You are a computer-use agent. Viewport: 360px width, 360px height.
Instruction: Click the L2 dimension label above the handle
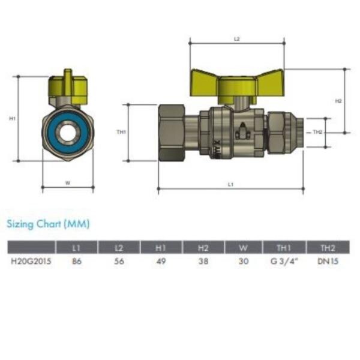(x=237, y=39)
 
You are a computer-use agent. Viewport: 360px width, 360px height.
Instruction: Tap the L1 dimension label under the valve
(x=230, y=184)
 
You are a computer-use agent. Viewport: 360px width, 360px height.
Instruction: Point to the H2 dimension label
(x=338, y=101)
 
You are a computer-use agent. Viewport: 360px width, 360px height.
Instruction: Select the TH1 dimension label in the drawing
(x=121, y=132)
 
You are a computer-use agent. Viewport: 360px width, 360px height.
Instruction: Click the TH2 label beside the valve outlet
(x=318, y=132)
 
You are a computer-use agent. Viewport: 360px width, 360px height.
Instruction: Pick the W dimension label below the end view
(x=68, y=183)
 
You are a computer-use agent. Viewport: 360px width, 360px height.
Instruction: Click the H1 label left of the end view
(x=12, y=119)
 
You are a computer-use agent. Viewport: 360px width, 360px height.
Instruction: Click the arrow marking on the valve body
(x=242, y=131)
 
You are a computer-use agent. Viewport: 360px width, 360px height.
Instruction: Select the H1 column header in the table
(x=161, y=248)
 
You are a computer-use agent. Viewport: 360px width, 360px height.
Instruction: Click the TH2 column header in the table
(x=328, y=248)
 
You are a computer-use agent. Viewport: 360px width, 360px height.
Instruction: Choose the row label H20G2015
(x=31, y=261)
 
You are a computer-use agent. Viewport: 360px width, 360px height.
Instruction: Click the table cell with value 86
(x=77, y=261)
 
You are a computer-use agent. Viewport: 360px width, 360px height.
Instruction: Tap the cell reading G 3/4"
(x=284, y=261)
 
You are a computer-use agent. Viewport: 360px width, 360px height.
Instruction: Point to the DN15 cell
(x=328, y=261)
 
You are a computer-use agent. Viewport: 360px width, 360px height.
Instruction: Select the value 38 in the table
(x=203, y=261)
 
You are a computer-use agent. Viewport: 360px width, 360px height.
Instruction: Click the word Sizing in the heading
(x=20, y=224)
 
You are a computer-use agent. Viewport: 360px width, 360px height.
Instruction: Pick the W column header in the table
(x=244, y=248)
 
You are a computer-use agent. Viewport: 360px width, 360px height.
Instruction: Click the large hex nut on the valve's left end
(x=172, y=133)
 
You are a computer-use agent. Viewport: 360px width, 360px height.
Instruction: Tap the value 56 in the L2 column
(x=119, y=261)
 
